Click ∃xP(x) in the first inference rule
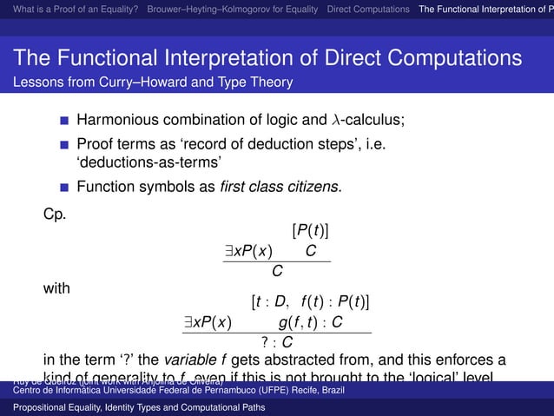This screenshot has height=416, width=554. [247, 252]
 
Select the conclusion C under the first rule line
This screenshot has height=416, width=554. [277, 272]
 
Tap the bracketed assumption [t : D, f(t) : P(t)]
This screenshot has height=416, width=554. [310, 302]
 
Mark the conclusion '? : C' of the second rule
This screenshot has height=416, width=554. [276, 342]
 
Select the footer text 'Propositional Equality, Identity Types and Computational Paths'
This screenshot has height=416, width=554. [145, 406]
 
